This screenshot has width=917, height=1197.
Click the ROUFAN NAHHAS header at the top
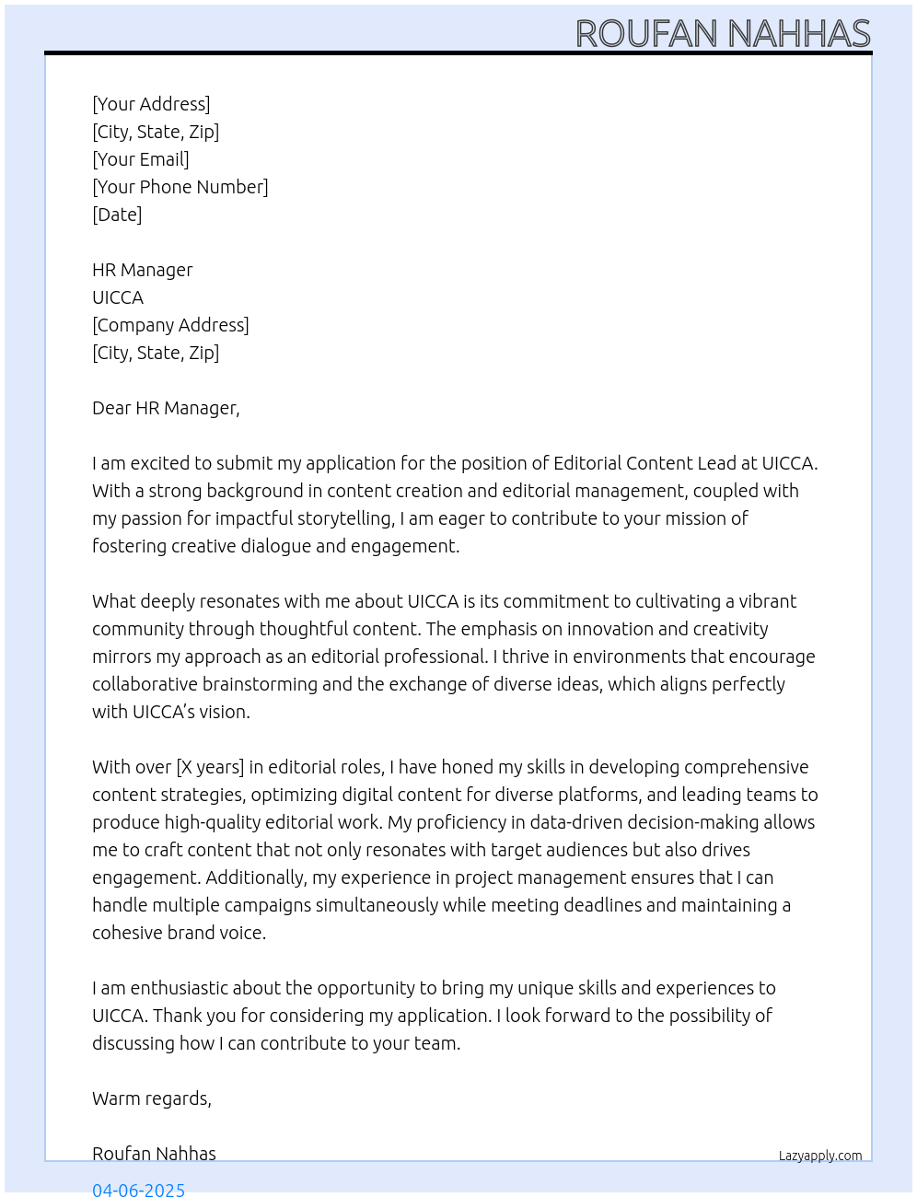point(723,34)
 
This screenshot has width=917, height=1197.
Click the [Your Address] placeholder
point(151,104)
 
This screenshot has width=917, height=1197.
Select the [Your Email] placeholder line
point(141,159)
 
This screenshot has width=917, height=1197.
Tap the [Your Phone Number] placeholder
point(180,187)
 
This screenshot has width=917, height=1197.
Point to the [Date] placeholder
point(117,215)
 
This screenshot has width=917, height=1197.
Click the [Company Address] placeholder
point(170,325)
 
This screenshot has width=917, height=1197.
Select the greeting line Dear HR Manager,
point(166,408)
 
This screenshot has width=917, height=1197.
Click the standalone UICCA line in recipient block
point(118,297)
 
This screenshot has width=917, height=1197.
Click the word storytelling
point(346,518)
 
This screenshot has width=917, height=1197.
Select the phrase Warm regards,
point(152,1098)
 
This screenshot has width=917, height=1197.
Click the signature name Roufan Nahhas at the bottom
point(154,1154)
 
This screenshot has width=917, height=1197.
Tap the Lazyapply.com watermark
point(820,1156)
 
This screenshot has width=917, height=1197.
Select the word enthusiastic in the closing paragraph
point(179,988)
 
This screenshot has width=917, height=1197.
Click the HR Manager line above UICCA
point(143,270)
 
